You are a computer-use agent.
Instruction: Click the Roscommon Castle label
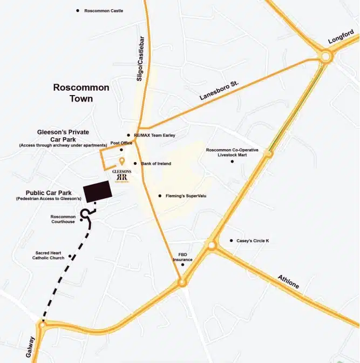[104, 11]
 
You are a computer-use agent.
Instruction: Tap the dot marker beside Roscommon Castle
[78, 10]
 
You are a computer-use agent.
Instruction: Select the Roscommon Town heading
[81, 93]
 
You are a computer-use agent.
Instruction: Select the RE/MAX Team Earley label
[154, 135]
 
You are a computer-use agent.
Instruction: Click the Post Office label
[121, 143]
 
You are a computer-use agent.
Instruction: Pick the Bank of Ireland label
[156, 163]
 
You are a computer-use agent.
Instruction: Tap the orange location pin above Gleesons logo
[123, 161]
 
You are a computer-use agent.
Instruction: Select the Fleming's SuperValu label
[185, 196]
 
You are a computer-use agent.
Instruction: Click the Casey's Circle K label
[253, 240]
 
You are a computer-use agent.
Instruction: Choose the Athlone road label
[288, 282]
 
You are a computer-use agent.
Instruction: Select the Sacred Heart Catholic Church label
[50, 255]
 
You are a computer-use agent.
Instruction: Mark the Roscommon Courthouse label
[63, 219]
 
